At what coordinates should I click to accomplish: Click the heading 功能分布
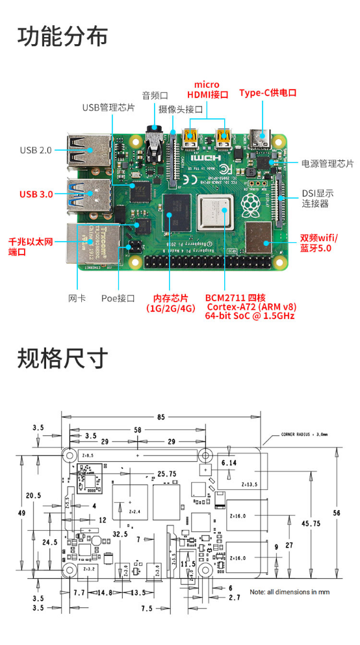click(x=62, y=36)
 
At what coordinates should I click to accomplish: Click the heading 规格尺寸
click(x=62, y=357)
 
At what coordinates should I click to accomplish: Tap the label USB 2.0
click(x=35, y=150)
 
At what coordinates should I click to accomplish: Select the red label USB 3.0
click(x=36, y=194)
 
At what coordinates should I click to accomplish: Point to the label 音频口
click(x=155, y=95)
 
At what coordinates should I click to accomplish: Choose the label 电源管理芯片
click(x=327, y=164)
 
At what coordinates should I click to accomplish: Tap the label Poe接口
click(x=118, y=298)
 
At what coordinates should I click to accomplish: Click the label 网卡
click(x=77, y=298)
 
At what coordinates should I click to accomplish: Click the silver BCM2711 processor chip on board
click(x=216, y=214)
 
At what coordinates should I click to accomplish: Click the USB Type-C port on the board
click(x=266, y=139)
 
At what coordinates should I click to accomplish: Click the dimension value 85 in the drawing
click(x=161, y=416)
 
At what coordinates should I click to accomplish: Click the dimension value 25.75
click(x=167, y=474)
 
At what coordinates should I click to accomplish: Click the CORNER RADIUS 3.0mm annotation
click(x=304, y=435)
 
